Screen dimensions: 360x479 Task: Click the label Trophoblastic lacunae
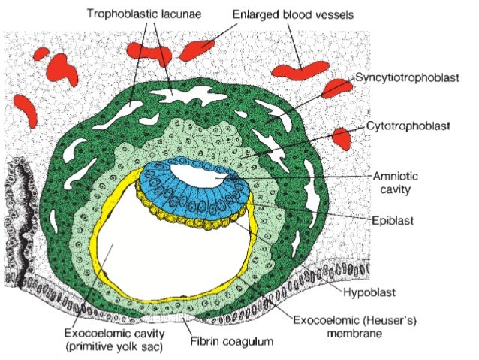147,14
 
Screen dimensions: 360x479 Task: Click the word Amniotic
393,176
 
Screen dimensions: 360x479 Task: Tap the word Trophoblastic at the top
124,14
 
